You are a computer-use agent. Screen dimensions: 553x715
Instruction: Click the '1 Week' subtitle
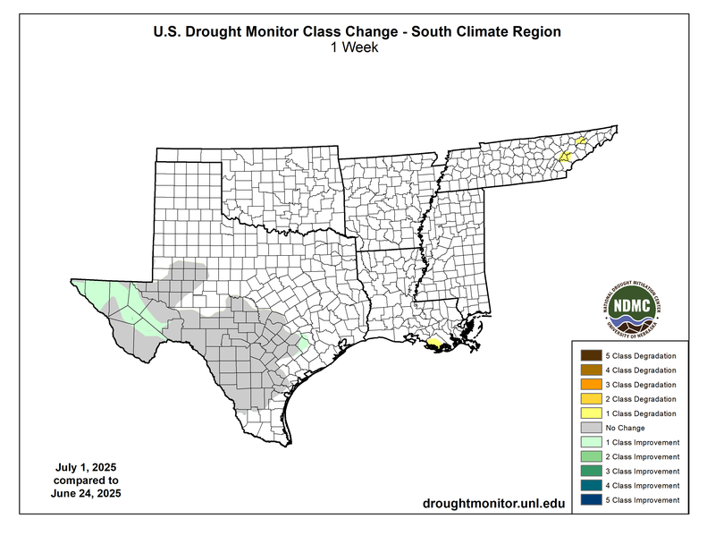coord(357,48)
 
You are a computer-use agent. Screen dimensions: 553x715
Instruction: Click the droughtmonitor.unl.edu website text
coord(493,505)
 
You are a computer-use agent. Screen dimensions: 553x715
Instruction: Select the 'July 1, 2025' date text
coord(86,468)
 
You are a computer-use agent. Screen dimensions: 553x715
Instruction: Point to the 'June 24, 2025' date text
coord(86,493)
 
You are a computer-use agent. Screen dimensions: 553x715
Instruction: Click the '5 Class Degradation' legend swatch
coord(591,356)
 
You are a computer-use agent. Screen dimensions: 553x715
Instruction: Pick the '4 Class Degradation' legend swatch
coord(591,370)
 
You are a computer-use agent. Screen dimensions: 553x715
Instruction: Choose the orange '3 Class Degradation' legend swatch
coord(591,385)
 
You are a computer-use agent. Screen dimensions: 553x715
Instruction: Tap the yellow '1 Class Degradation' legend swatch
coord(591,413)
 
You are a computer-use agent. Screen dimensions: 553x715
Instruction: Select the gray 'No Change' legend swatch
coord(591,428)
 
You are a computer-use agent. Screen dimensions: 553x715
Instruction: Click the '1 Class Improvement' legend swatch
coord(591,442)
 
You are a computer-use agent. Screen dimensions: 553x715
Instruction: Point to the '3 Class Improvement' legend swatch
coord(591,471)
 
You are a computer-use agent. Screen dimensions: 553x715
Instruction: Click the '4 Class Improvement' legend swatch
coord(591,485)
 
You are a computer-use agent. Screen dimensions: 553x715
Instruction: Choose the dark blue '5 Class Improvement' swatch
coord(591,499)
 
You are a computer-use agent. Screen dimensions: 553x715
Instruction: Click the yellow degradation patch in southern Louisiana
coord(433,343)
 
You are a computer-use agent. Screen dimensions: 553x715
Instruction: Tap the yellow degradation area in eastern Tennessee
coord(565,155)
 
